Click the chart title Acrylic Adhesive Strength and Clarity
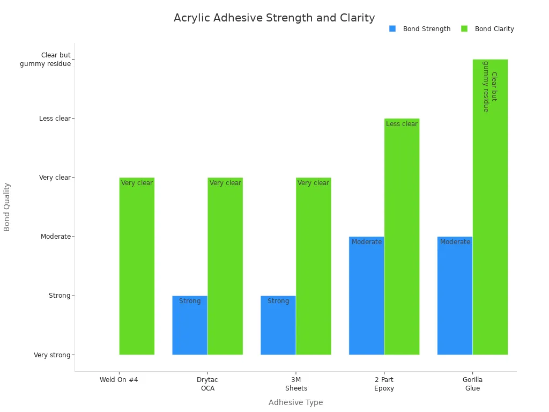(274, 18)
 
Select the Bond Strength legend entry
(426, 29)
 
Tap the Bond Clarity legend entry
(494, 29)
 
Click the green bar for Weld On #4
(137, 268)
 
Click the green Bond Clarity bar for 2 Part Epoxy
(402, 241)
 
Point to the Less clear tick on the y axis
(55, 119)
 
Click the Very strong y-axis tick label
(52, 355)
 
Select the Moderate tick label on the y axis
(55, 237)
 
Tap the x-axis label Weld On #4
(119, 380)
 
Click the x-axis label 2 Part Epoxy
(384, 384)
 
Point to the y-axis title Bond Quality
(7, 207)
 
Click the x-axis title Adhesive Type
(295, 402)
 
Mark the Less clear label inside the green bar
(402, 124)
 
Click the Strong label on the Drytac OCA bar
(190, 301)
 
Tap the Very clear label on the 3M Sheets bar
(313, 183)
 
